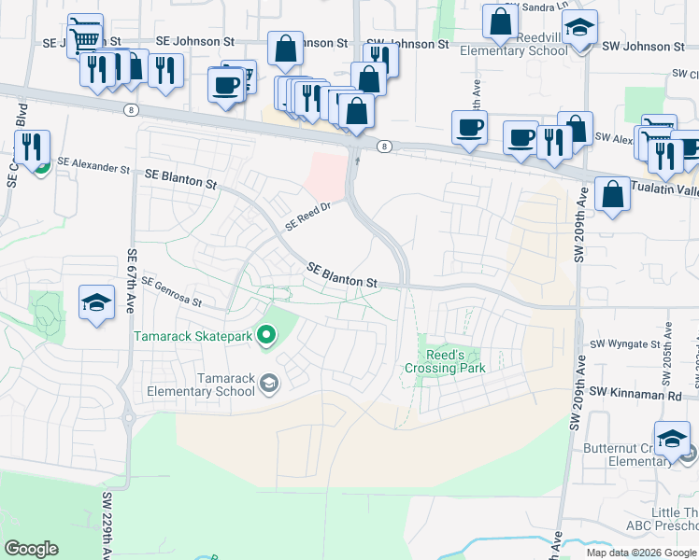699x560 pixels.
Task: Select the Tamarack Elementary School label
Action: pos(201,385)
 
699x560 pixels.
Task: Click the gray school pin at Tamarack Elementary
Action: pos(269,383)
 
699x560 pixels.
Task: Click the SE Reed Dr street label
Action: pos(309,217)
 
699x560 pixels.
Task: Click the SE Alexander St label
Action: pos(93,165)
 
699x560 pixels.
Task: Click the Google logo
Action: pos(31,549)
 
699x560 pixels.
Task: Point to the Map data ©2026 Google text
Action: pos(641,553)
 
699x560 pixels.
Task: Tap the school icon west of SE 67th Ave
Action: pos(96,303)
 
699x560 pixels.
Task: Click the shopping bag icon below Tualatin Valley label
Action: pos(612,196)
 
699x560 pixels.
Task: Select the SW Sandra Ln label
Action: pos(542,7)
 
